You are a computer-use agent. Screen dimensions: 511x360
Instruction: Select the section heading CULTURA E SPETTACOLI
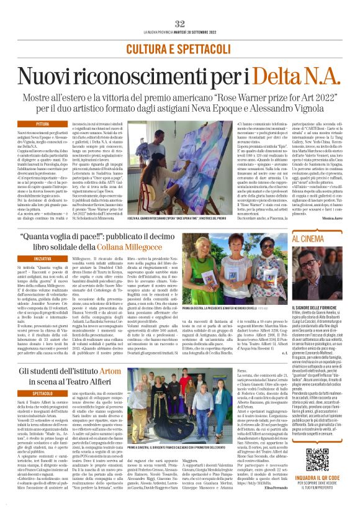pos(179,48)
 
